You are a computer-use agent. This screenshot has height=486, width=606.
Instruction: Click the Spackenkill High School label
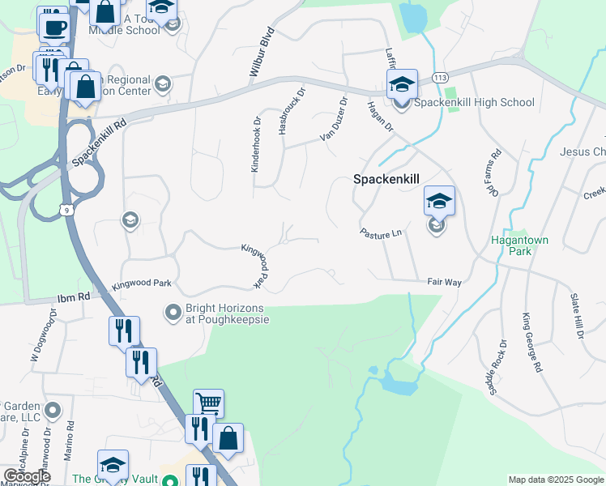click(474, 102)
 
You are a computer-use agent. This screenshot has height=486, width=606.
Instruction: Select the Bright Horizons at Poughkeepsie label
click(227, 313)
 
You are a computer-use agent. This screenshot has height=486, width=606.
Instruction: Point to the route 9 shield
click(70, 210)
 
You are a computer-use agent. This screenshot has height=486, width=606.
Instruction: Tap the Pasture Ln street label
click(381, 232)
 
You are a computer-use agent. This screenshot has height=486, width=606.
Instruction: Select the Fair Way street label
click(444, 282)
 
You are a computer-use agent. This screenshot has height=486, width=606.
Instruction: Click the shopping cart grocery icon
click(208, 403)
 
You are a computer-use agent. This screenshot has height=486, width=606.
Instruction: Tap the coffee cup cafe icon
click(54, 27)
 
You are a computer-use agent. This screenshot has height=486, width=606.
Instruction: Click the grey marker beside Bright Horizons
click(173, 311)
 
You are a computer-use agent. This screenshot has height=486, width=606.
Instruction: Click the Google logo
click(27, 476)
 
